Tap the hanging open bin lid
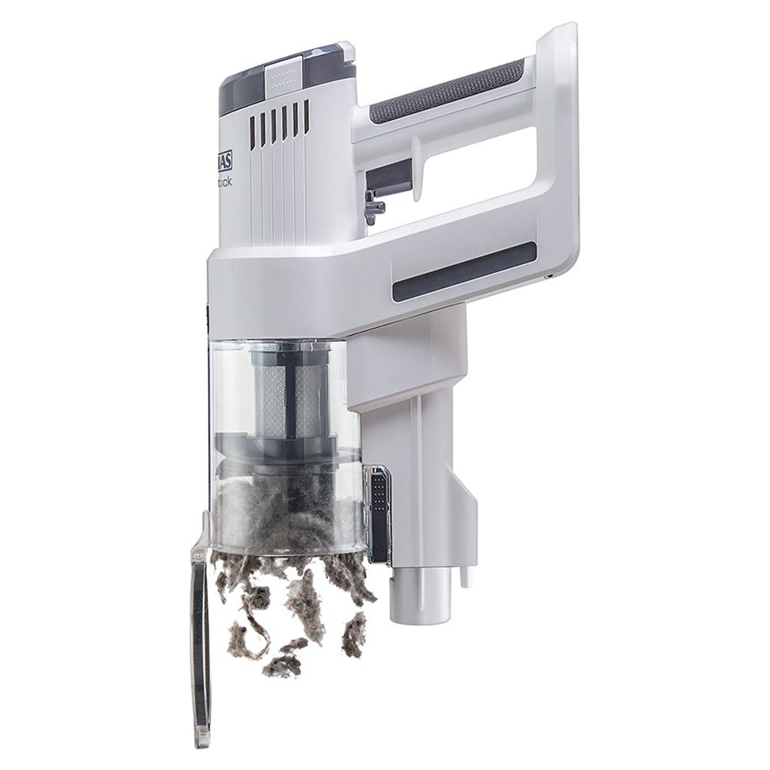coord(199,616)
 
